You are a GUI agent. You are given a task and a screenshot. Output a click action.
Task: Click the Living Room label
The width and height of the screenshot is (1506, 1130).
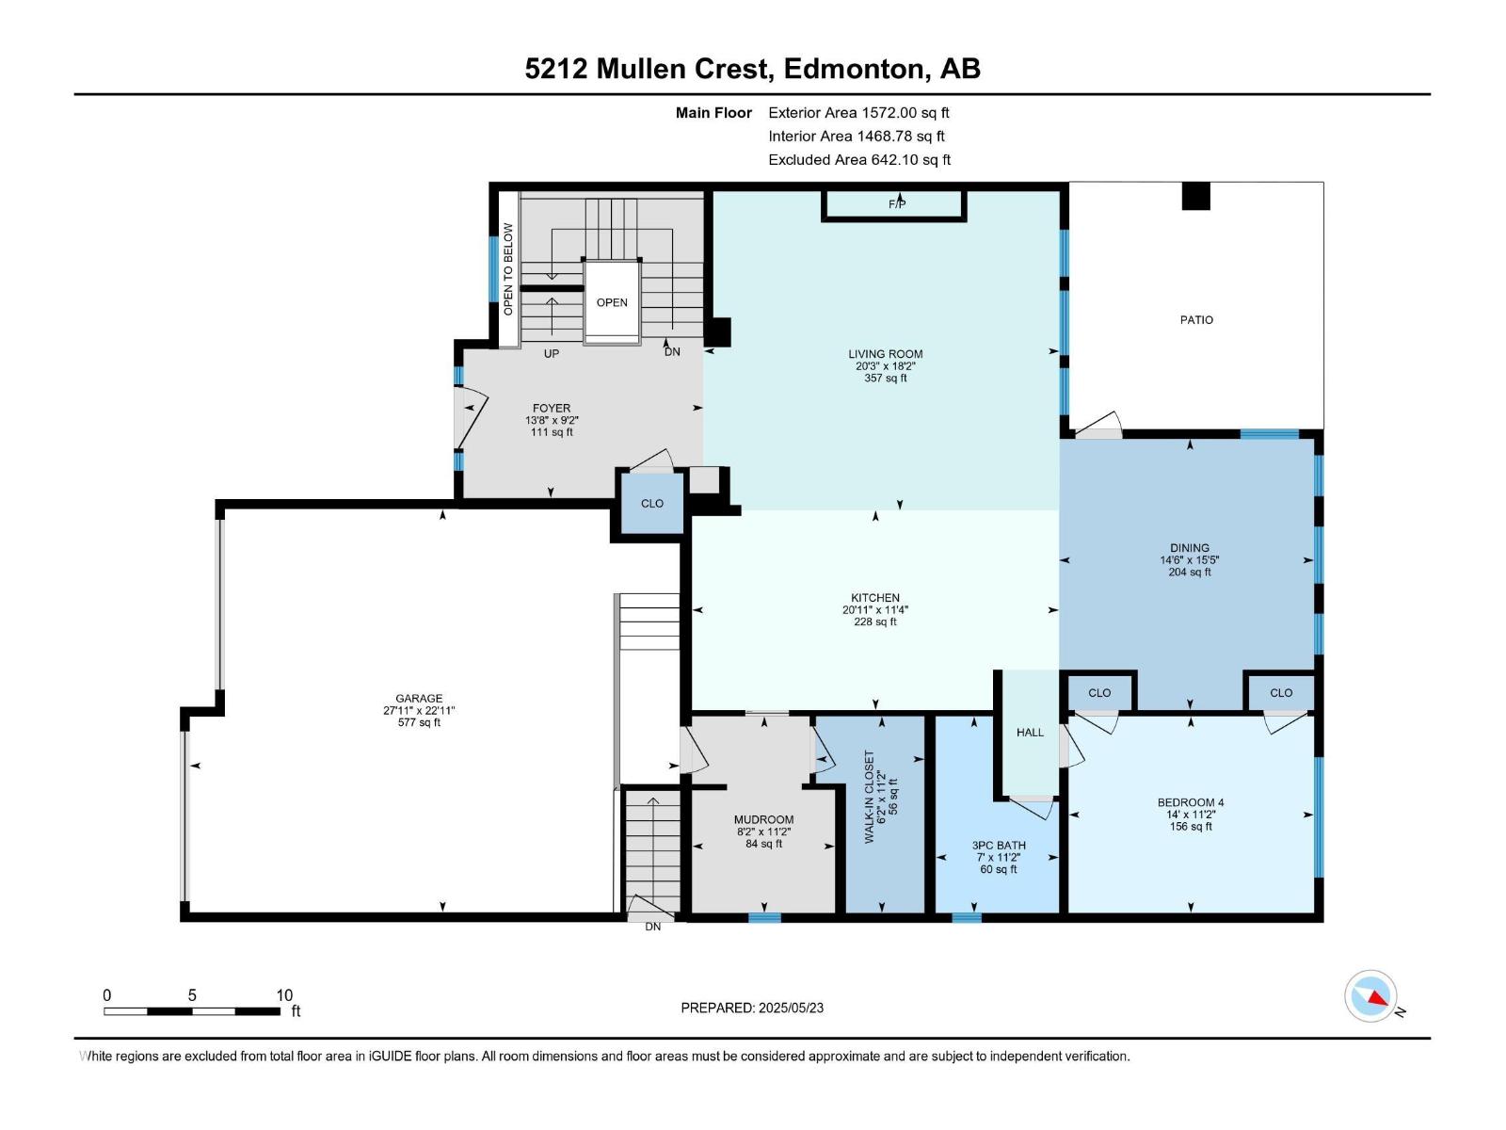[x=885, y=354]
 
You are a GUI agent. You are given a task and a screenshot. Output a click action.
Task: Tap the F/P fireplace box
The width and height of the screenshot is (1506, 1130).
[x=894, y=204]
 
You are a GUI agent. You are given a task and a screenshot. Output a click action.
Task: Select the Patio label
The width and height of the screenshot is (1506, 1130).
[x=1196, y=320]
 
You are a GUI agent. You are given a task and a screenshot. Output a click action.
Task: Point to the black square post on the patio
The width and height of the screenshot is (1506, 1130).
[x=1195, y=196]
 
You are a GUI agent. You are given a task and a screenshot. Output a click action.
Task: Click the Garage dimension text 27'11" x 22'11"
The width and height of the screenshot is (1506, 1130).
[x=419, y=711]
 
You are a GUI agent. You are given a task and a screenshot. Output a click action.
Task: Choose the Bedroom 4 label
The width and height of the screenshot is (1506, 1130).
[x=1191, y=802]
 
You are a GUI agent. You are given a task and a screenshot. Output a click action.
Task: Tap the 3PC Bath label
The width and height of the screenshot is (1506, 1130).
[x=999, y=846]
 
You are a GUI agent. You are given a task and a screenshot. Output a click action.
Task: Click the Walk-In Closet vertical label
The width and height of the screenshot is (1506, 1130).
[x=870, y=797]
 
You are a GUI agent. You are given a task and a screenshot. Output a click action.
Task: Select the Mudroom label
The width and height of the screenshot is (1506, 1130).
[x=763, y=820]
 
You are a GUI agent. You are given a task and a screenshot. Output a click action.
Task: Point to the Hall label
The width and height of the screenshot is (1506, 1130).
[x=1030, y=733]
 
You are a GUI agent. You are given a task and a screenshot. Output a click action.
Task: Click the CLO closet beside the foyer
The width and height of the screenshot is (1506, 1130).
[x=651, y=504]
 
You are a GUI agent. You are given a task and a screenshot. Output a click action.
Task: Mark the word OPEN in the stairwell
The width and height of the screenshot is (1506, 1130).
[x=611, y=302]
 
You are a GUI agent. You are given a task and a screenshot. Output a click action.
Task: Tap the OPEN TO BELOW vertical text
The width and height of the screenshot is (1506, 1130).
[x=507, y=269]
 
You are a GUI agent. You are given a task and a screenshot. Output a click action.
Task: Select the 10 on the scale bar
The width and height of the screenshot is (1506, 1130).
[x=284, y=994]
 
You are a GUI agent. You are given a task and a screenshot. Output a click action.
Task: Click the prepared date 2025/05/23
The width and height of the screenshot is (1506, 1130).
[x=791, y=1008]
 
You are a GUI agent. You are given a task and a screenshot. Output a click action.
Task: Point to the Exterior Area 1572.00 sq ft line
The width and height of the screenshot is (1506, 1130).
[x=858, y=113]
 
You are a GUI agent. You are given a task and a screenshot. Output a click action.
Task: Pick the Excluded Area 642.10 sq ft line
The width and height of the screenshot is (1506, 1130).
[x=859, y=160]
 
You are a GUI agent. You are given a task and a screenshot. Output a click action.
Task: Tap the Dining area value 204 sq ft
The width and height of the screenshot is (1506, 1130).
[x=1189, y=573]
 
